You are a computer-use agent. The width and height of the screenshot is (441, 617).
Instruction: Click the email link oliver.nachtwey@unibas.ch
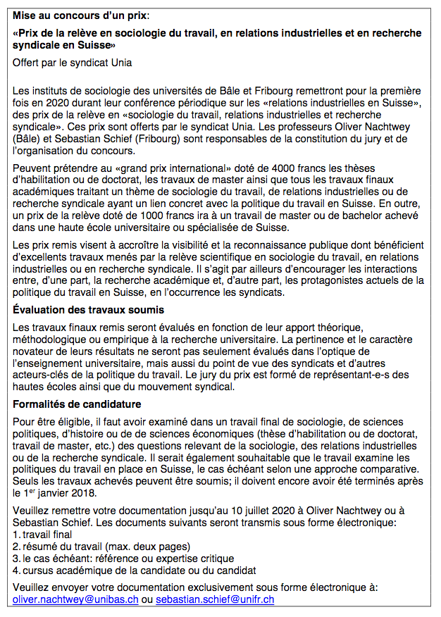(x=75, y=599)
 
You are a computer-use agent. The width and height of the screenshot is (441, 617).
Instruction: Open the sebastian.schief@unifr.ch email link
(x=215, y=599)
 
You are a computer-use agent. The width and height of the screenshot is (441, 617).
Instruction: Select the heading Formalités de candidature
(x=77, y=405)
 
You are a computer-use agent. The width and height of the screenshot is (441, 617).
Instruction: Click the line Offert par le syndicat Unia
(x=73, y=63)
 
